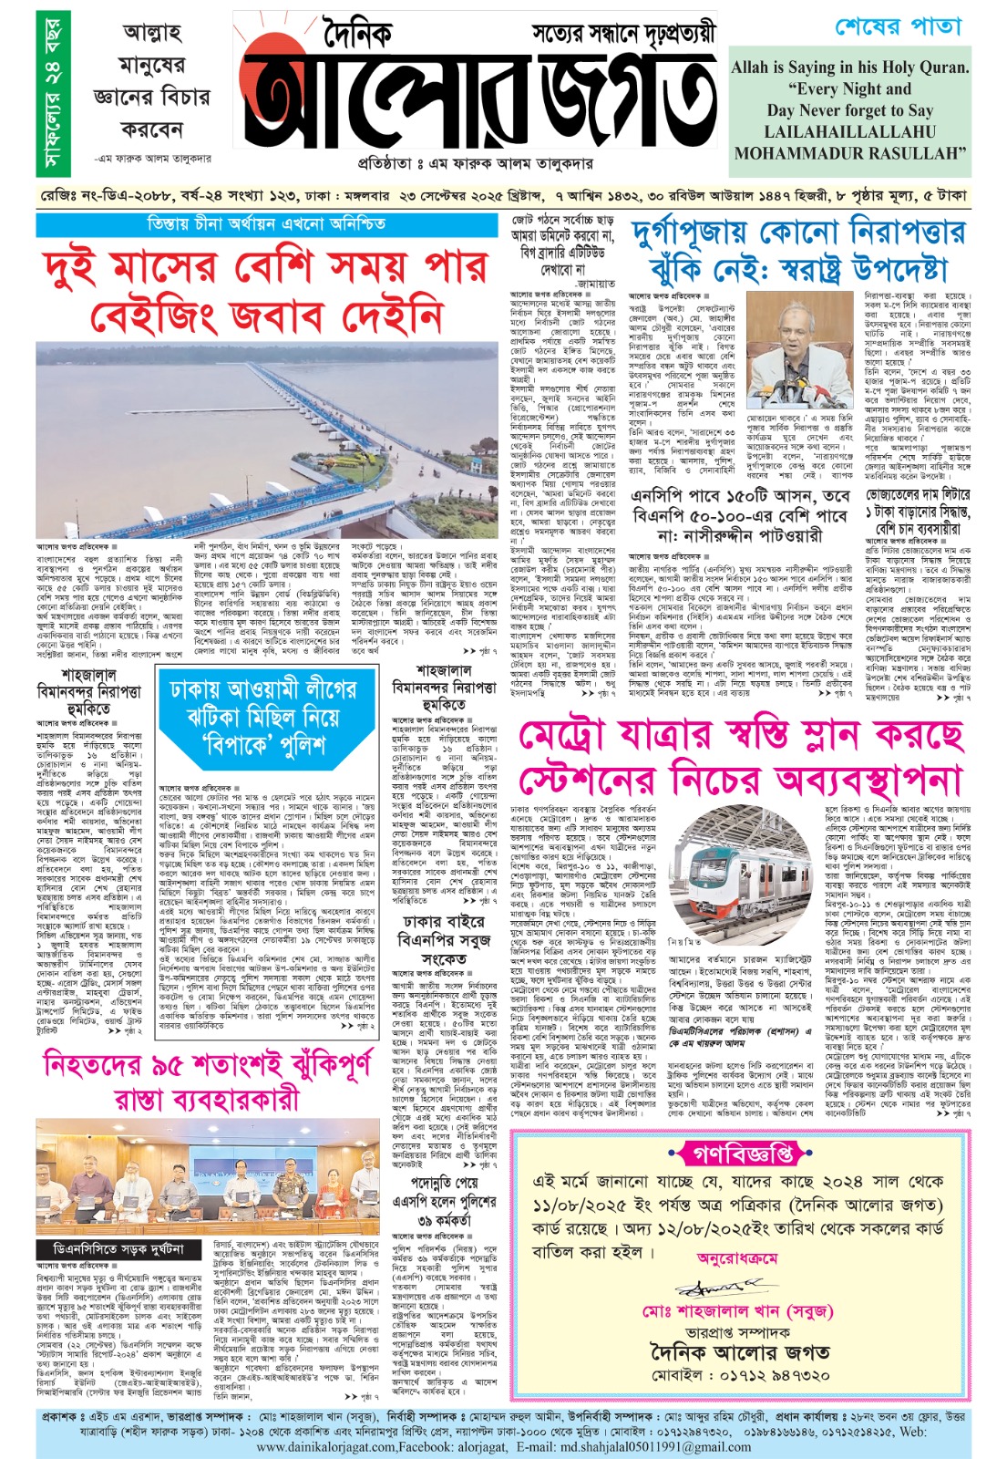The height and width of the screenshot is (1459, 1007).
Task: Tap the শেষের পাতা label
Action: point(898,27)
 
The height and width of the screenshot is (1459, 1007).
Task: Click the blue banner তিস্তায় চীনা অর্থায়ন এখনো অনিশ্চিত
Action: point(266,223)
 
